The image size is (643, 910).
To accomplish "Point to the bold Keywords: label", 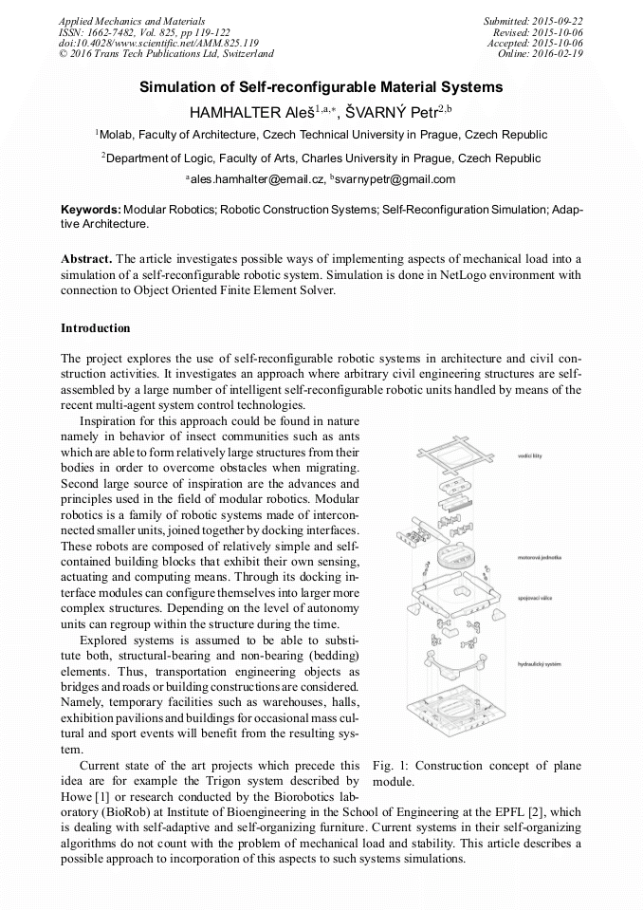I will [x=90, y=208].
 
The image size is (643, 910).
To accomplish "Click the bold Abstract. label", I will [x=86, y=259].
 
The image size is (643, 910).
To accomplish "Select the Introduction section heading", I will [x=95, y=328].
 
